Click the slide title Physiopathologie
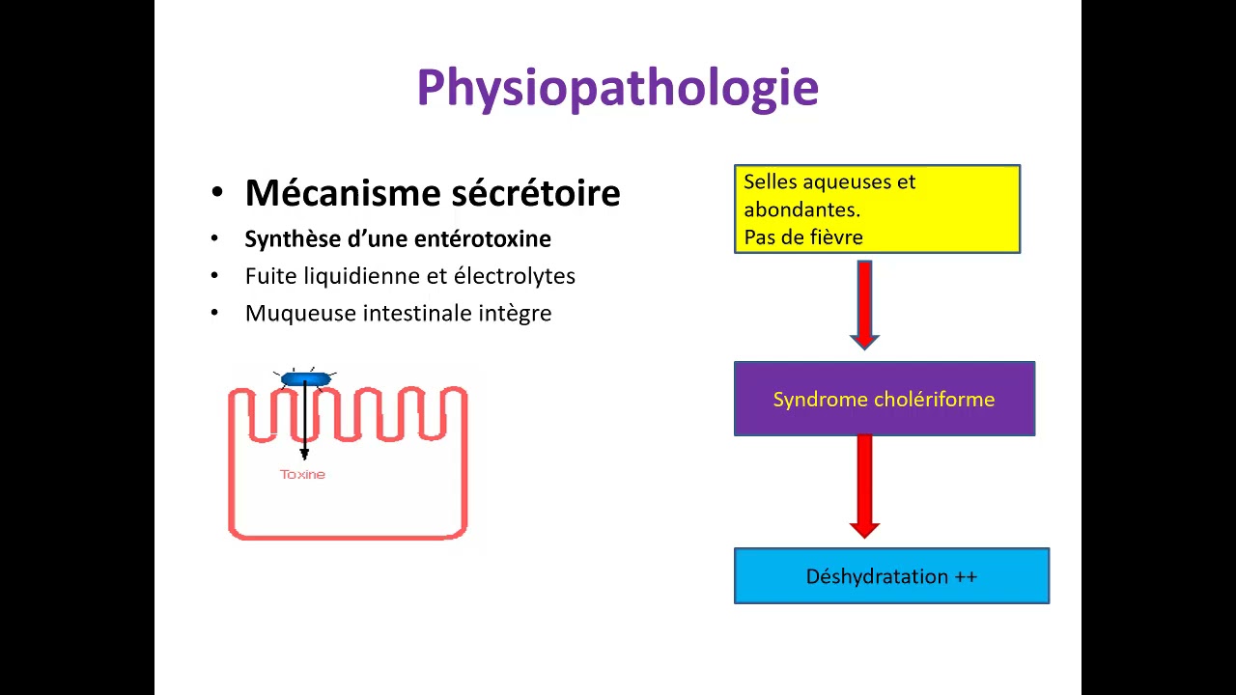pos(617,88)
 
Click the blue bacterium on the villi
pos(305,379)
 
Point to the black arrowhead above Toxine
pos(304,453)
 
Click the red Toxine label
pos(302,474)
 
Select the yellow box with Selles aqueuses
pos(877,208)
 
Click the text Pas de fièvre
pos(802,236)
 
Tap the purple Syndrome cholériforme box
pos(884,399)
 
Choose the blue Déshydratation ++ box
pos(891,576)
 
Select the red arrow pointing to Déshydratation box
pos(864,486)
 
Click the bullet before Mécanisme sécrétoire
pos(217,194)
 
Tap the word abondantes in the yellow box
pos(801,208)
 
